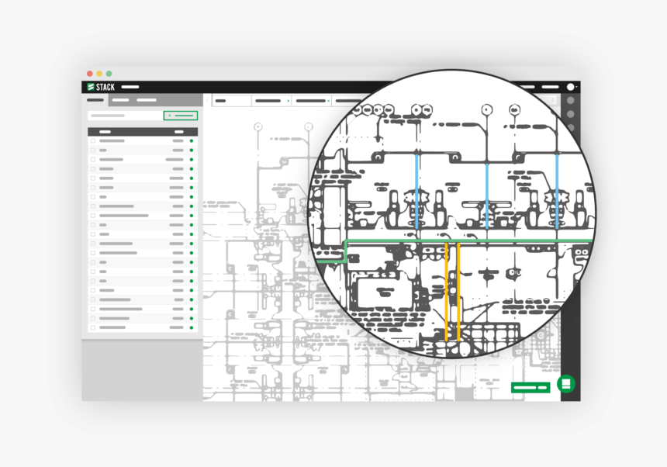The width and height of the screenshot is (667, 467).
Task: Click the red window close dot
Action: pyautogui.click(x=90, y=73)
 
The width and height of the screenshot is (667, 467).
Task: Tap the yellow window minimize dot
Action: pyautogui.click(x=99, y=73)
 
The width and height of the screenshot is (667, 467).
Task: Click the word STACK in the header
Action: pyautogui.click(x=105, y=87)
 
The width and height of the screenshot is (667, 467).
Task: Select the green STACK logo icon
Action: pyautogui.click(x=91, y=87)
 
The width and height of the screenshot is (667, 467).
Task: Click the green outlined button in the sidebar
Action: pyautogui.click(x=181, y=116)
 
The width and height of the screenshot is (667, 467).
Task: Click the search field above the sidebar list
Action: pyautogui.click(x=124, y=116)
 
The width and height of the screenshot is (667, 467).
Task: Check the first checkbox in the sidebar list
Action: pyautogui.click(x=93, y=141)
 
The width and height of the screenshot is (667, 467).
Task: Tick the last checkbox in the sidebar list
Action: pyautogui.click(x=93, y=327)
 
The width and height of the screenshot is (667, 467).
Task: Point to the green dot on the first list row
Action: pyautogui.click(x=192, y=141)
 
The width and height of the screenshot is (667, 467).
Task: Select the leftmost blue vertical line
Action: pyautogui.click(x=417, y=190)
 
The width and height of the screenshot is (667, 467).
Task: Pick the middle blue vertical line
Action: pyautogui.click(x=487, y=190)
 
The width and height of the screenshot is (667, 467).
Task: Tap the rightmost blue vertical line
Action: pyautogui.click(x=556, y=190)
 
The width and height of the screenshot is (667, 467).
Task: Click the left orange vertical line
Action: pyautogui.click(x=447, y=291)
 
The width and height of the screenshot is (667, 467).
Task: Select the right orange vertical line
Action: pyautogui.click(x=458, y=291)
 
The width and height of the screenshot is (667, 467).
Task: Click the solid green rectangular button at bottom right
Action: pyautogui.click(x=530, y=386)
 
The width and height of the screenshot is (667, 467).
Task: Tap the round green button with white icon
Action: pyautogui.click(x=566, y=383)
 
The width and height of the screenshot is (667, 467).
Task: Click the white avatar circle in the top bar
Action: pyautogui.click(x=571, y=87)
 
